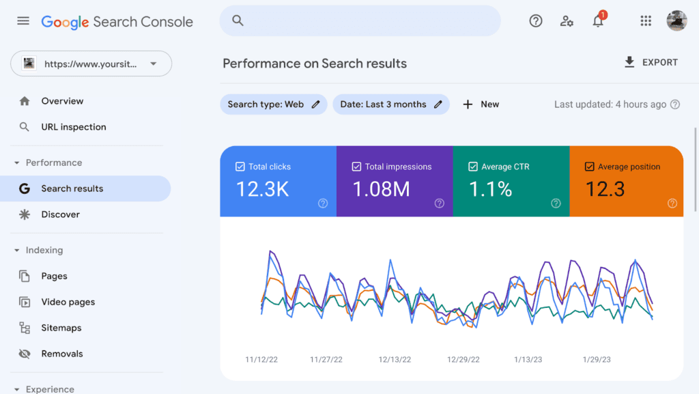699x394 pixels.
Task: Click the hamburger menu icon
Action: pyautogui.click(x=23, y=21)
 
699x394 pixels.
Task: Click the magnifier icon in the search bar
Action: pyautogui.click(x=238, y=21)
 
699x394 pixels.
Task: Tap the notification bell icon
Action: pyautogui.click(x=598, y=21)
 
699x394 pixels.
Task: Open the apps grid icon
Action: pyautogui.click(x=646, y=21)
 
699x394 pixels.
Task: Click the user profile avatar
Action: pyautogui.click(x=676, y=21)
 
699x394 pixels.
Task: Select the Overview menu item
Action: pyautogui.click(x=62, y=101)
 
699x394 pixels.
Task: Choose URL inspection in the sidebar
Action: pyautogui.click(x=74, y=127)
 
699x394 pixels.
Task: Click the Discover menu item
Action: pyautogui.click(x=60, y=214)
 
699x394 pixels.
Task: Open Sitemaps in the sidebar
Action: pyautogui.click(x=61, y=328)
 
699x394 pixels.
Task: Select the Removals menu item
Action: pyautogui.click(x=61, y=354)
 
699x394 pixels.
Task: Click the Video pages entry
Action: pyautogui.click(x=68, y=302)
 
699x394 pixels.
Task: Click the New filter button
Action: pyautogui.click(x=481, y=104)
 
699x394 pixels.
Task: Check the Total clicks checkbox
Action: pyautogui.click(x=240, y=167)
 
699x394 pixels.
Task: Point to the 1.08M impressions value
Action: pyautogui.click(x=381, y=189)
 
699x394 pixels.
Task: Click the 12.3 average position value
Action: pyautogui.click(x=605, y=189)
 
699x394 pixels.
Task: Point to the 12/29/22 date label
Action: pyautogui.click(x=463, y=359)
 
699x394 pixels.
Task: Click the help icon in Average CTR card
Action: pyautogui.click(x=556, y=203)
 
